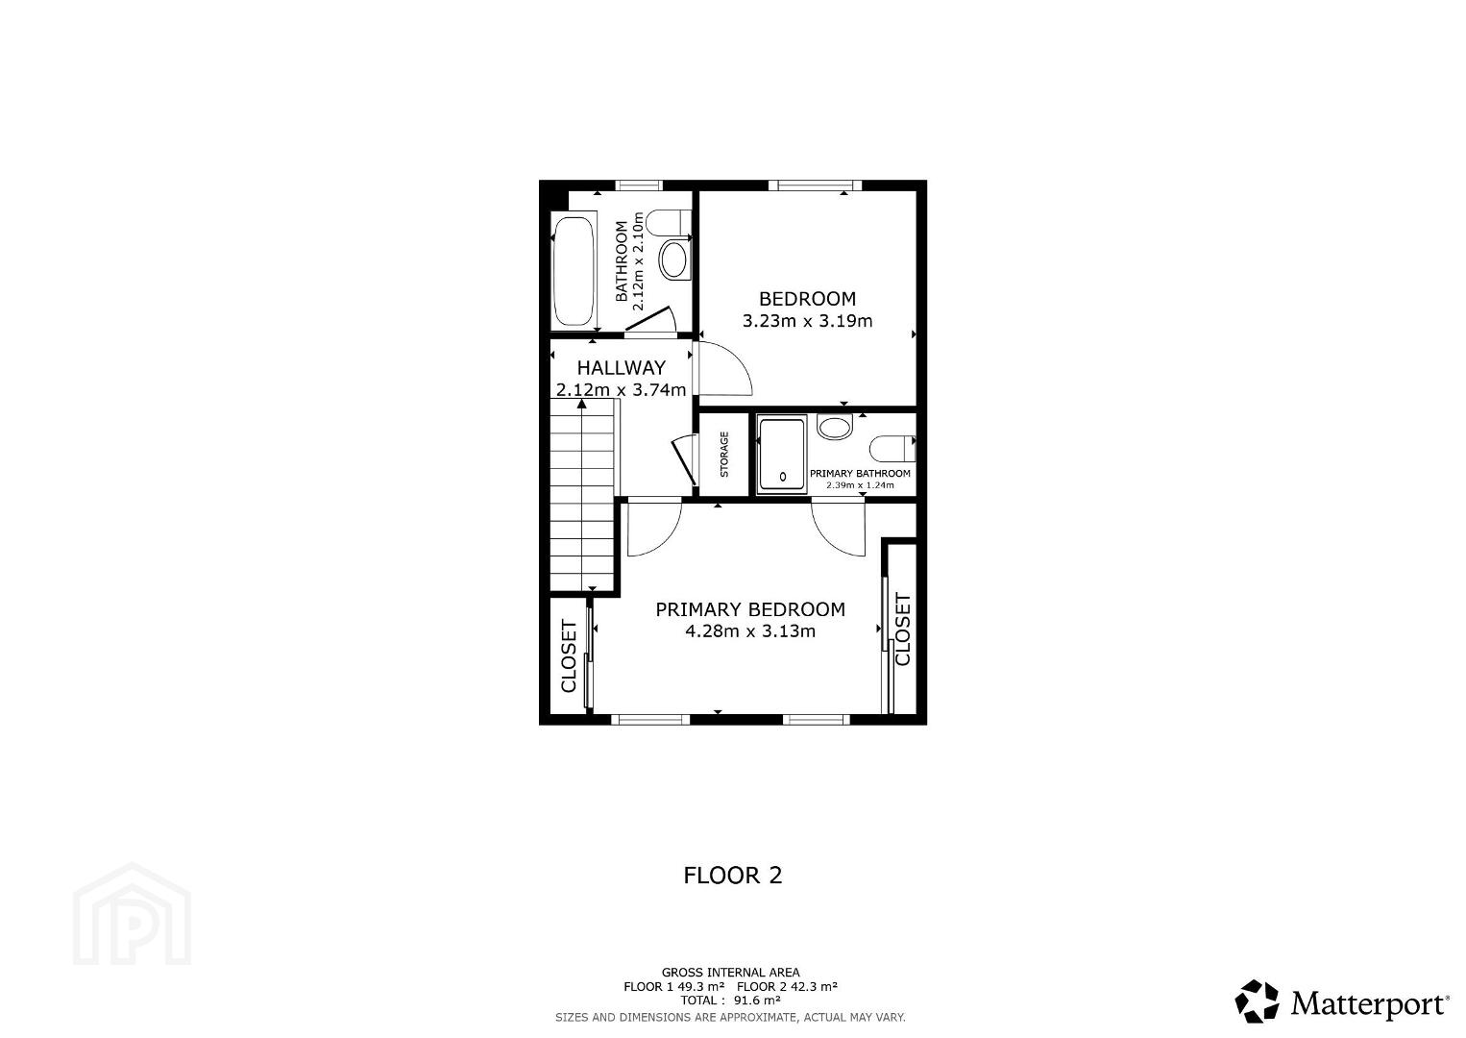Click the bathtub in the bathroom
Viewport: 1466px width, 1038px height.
[574, 270]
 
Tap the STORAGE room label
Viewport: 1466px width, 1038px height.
[723, 454]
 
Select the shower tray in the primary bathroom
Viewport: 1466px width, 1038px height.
[782, 454]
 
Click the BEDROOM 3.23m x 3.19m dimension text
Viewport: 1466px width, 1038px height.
[807, 321]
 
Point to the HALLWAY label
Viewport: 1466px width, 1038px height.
[622, 367]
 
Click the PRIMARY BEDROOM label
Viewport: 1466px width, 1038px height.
[750, 609]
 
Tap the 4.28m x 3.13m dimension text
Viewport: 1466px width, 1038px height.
[750, 631]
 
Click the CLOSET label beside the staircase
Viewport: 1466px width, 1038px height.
[569, 656]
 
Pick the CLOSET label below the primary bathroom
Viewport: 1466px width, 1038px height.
[902, 630]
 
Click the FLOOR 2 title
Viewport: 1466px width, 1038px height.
[732, 876]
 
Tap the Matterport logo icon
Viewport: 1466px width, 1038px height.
[1257, 1001]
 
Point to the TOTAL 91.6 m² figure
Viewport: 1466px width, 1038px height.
[730, 1000]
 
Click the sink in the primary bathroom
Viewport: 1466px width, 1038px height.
[835, 427]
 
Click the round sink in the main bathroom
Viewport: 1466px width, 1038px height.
[674, 259]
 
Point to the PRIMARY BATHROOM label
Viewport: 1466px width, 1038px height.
[860, 474]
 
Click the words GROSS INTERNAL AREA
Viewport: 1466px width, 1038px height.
[730, 972]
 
